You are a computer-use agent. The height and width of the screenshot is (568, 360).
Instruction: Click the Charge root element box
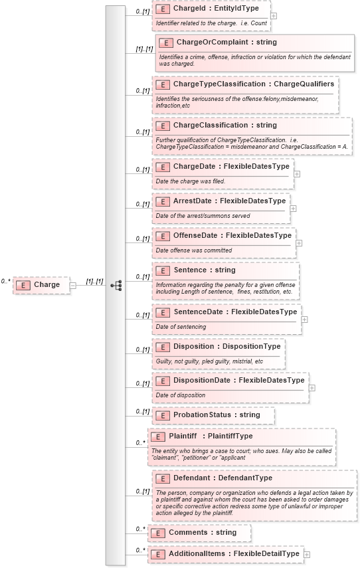pos(41,285)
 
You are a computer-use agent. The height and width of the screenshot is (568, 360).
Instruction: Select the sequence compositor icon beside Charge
pos(116,285)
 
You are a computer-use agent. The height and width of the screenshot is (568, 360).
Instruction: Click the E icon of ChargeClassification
pos(161,126)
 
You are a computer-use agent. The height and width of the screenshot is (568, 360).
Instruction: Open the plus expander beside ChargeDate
pos(296,174)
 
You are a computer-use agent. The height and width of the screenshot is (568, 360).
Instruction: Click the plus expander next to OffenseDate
pos(299,243)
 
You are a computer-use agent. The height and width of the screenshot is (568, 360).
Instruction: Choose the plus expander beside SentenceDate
pos(304,319)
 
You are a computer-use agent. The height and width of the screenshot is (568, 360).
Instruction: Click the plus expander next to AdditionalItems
pos(306,553)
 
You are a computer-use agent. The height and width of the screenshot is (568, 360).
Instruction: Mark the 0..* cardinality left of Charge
pos(6,281)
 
